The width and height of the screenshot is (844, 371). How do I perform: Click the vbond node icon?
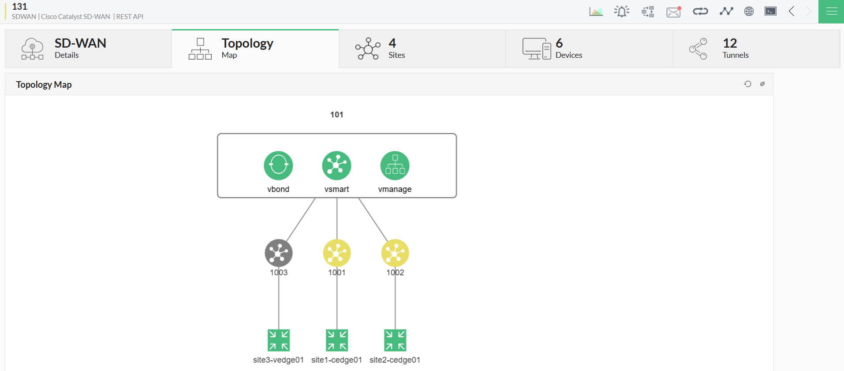pos(278,165)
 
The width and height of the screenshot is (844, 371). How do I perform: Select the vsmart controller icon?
pos(336,165)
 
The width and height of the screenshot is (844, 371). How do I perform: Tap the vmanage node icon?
pos(395,165)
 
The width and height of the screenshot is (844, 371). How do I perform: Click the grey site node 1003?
pos(278,253)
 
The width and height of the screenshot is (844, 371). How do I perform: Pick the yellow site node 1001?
pos(336,253)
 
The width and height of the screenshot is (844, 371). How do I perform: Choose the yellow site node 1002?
pos(395,253)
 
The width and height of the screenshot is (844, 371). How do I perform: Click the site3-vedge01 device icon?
pos(278,340)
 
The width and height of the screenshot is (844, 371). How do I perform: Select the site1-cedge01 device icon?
pos(336,340)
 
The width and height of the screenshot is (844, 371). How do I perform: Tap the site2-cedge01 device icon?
pos(395,340)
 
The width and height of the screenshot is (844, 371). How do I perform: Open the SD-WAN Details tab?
pos(88,49)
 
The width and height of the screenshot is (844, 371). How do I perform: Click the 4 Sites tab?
pos(422,49)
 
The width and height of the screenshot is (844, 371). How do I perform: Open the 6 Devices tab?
pos(589,49)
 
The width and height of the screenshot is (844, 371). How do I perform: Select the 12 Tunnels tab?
pos(756,49)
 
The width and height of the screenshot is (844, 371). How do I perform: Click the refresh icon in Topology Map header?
pos(747,84)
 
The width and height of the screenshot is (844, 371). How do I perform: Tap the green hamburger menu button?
pos(831,11)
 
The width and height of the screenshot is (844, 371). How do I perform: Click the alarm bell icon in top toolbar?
pos(622,11)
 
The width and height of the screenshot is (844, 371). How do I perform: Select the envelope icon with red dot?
pos(673,12)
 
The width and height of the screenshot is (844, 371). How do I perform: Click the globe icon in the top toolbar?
pos(749,11)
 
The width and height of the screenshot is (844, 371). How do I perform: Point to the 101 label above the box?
pos(336,115)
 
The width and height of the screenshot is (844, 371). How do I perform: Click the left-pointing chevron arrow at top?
pos(792,11)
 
